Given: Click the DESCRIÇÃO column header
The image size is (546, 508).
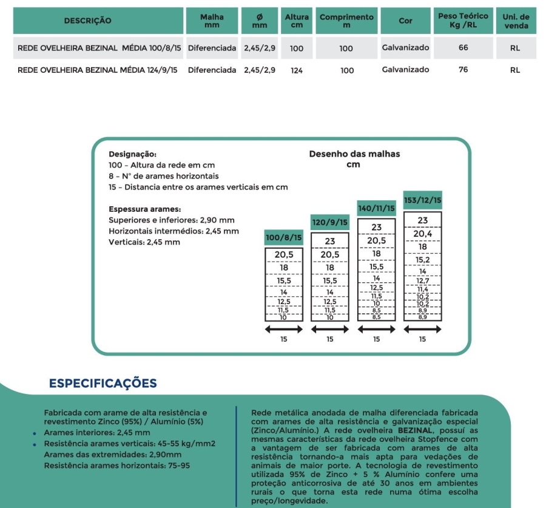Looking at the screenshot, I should coord(88,21).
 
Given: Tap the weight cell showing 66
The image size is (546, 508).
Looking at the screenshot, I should coord(463,48).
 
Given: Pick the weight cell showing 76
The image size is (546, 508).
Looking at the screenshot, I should coord(463,70).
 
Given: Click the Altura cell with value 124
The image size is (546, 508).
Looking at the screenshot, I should coord(297,70).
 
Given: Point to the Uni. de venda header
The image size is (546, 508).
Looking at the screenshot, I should coord(515,21).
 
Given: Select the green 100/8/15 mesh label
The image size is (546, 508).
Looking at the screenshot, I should coord(284,238).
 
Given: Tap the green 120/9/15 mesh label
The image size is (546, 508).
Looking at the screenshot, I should coord(330,223).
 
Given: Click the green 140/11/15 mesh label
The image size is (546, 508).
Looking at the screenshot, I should coord(376,208).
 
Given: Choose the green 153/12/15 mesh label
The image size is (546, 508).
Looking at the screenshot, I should coord(422,200).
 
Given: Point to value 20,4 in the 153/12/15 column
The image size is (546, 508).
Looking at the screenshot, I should coord(422,234).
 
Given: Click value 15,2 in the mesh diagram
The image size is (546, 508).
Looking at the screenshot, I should coord(422,260).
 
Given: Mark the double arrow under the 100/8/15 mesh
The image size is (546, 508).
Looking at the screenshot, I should coord(284,329).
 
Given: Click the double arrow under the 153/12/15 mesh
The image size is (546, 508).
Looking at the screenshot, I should coord(422,329).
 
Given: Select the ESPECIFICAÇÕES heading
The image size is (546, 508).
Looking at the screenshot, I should coord(103,383).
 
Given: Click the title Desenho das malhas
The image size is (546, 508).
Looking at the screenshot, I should coord(354,154).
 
